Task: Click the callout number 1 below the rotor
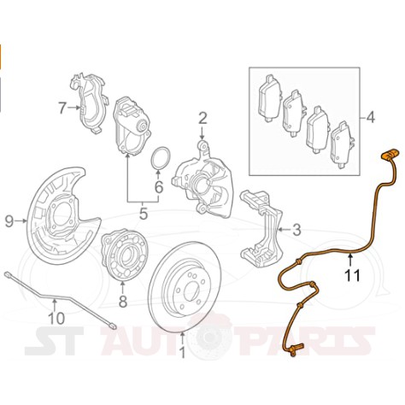183,352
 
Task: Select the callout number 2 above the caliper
202,119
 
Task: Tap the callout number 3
296,230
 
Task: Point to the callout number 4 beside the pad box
371,117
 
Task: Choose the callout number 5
144,214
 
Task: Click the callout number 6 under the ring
159,187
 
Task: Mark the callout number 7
62,108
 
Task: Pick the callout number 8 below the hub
123,302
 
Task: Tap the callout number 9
9,221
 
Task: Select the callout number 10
56,318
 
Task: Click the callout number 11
353,275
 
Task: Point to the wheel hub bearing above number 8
125,254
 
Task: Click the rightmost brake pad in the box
342,145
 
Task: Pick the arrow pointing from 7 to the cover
75,108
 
